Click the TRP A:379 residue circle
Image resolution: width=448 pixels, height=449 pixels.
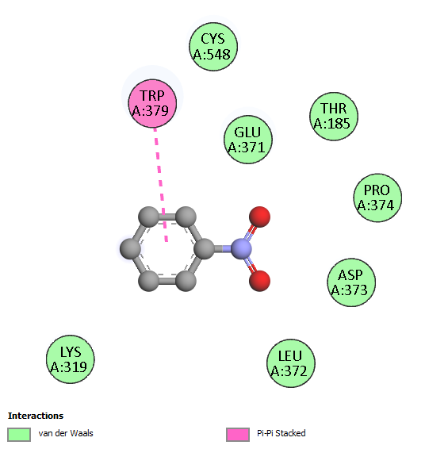point(152,103)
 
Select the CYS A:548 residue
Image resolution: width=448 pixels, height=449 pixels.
point(213,47)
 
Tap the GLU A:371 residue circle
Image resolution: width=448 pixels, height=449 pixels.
point(248,140)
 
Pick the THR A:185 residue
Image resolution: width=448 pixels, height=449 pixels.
point(334,117)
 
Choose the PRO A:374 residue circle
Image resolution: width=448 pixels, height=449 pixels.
point(377,198)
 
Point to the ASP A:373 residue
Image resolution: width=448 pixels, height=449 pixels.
point(351,282)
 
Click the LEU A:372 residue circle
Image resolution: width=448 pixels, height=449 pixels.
point(291,363)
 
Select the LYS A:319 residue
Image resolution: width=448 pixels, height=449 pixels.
point(71,359)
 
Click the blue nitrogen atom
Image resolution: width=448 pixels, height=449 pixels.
point(241,249)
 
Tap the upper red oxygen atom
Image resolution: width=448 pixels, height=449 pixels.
point(259,217)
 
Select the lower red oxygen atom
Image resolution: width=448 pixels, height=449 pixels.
point(259,281)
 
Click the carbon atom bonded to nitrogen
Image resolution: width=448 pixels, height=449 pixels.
point(205,249)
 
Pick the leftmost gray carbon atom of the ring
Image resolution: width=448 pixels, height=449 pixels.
point(130,249)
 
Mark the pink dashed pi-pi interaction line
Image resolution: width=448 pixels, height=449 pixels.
point(161,185)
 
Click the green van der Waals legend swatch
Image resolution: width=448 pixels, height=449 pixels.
point(19,435)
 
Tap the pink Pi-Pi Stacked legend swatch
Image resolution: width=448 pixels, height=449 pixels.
point(238,435)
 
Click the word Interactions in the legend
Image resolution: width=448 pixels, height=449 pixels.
point(36,416)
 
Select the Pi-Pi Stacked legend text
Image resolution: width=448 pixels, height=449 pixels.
point(281,433)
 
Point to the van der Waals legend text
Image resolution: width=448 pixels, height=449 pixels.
point(66,433)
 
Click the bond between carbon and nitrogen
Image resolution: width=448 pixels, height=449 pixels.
point(223,249)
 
